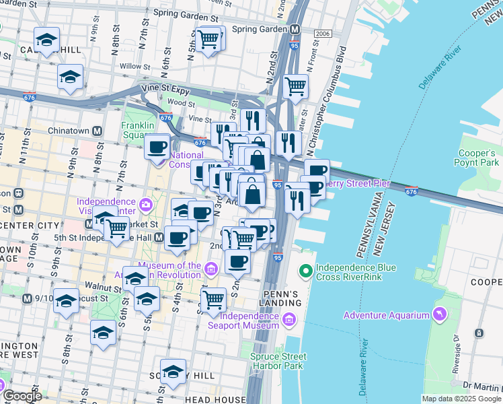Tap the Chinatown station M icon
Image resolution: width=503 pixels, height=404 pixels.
pos(98,131)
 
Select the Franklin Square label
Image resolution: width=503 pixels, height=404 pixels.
pos(138,130)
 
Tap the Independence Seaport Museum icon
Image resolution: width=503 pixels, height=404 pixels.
pos(290,319)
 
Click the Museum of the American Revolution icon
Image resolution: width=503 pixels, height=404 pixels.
pos(210,270)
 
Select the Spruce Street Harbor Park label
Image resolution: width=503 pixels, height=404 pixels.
pos(278,361)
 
